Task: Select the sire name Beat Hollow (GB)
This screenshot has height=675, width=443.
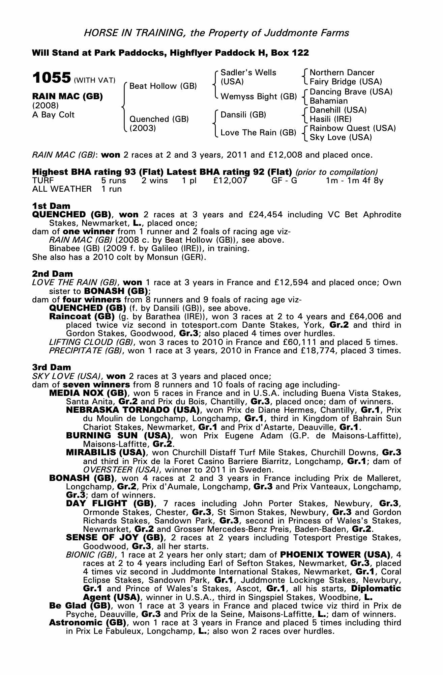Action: [163, 86]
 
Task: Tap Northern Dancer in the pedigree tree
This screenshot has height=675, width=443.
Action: [342, 73]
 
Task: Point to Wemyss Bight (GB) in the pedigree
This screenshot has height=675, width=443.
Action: [258, 97]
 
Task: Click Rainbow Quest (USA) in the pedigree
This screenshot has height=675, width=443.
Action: [352, 128]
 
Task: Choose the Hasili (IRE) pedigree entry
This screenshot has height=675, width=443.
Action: [330, 119]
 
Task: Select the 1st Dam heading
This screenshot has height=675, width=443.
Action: [51, 206]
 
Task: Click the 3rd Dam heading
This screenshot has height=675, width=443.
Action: [52, 367]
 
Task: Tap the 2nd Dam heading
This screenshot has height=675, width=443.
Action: [52, 274]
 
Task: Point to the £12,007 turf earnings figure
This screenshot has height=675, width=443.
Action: [230, 181]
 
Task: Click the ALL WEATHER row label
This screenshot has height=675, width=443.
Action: [62, 189]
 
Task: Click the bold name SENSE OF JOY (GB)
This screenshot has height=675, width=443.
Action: [115, 537]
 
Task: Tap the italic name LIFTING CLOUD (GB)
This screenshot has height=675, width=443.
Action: [91, 342]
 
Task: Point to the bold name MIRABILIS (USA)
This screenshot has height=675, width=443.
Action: [106, 453]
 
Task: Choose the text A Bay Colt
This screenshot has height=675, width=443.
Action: [53, 115]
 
